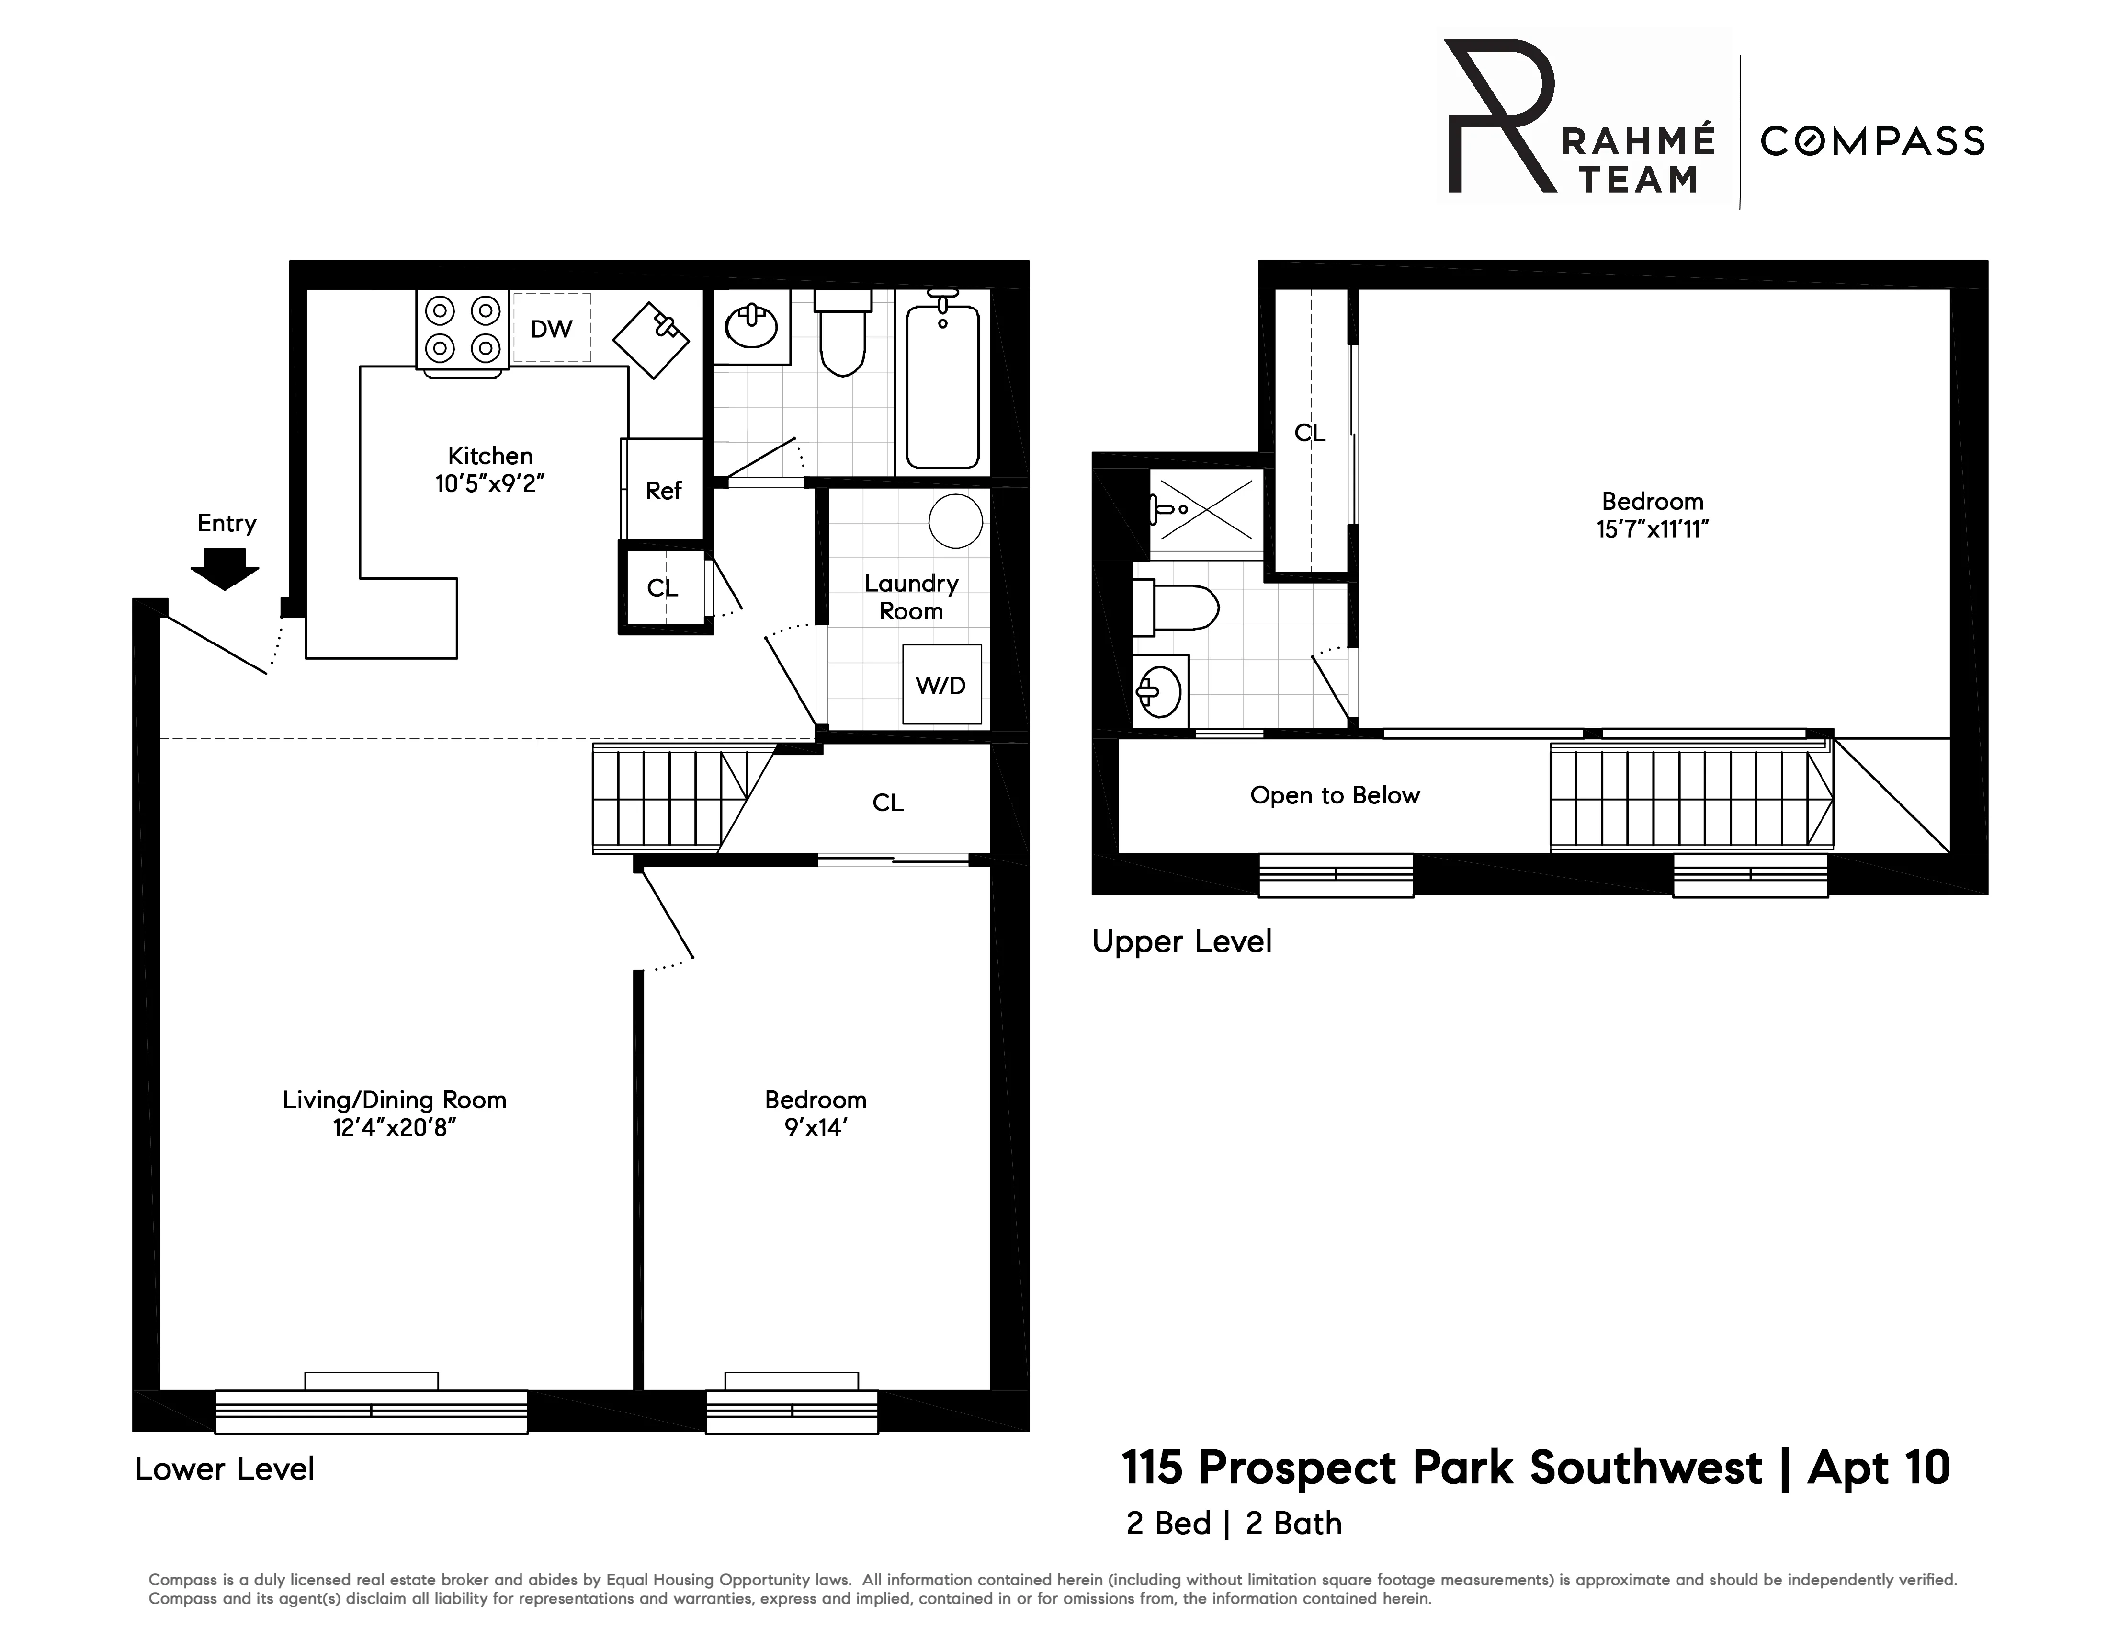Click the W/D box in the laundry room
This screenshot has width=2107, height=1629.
click(940, 685)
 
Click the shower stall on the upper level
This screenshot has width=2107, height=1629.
click(1206, 508)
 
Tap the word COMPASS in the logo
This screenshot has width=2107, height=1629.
click(1871, 142)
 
